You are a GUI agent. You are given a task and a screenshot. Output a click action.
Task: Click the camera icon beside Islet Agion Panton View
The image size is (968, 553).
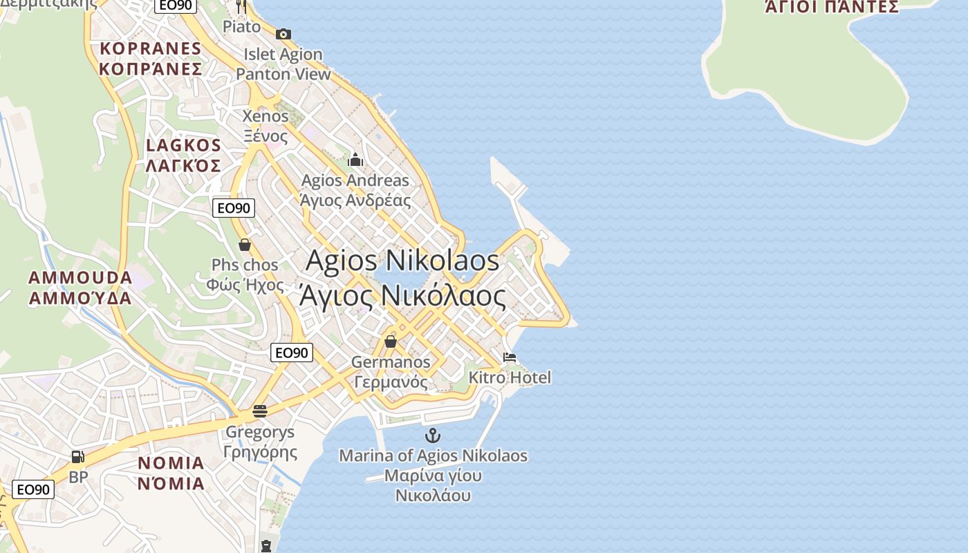pos(283,34)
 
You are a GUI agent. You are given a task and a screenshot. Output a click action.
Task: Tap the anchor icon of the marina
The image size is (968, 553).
pos(433,435)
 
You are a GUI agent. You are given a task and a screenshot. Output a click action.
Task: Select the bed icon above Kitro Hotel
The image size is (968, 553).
pos(510,357)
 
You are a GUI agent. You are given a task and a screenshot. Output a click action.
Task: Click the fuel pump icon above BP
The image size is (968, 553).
pos(78,456)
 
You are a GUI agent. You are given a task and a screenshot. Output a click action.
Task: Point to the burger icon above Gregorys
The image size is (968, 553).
pos(260,411)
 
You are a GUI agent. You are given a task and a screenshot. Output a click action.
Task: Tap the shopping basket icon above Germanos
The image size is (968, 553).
pos(391,341)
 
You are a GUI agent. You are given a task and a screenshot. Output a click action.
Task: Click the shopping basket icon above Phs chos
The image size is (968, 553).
pos(245,245)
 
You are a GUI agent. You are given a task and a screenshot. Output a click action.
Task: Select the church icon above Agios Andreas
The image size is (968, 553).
pos(355,160)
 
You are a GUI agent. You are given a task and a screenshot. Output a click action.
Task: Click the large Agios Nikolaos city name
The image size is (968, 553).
pos(402,261)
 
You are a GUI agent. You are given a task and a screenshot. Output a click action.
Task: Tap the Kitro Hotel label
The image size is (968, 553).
pos(510,377)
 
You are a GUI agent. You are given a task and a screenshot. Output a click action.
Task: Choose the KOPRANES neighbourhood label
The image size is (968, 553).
pos(150,49)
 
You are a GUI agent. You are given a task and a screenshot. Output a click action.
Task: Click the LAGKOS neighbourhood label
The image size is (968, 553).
pos(183,146)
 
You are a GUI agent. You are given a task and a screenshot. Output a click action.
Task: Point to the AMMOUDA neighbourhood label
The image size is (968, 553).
pos(80,278)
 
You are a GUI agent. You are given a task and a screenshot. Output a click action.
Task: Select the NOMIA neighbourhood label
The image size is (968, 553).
pos(171,463)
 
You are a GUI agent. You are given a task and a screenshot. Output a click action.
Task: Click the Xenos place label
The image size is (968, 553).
pos(266,116)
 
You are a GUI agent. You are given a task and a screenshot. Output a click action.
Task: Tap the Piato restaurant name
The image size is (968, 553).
pos(242,27)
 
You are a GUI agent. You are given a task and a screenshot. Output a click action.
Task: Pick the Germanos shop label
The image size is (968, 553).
pos(391,362)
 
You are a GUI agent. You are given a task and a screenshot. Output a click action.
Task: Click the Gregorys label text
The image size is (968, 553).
pos(260,433)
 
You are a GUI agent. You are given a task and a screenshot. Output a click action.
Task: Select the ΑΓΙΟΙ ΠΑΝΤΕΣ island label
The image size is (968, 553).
pos(831,7)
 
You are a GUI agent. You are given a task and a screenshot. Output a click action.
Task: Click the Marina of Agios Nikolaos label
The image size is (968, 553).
pos(433,456)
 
